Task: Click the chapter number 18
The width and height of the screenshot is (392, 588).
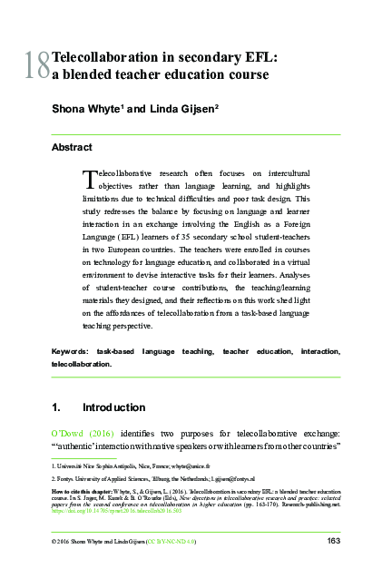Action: (x=38, y=66)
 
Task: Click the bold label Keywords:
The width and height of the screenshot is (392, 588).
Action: (x=70, y=349)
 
